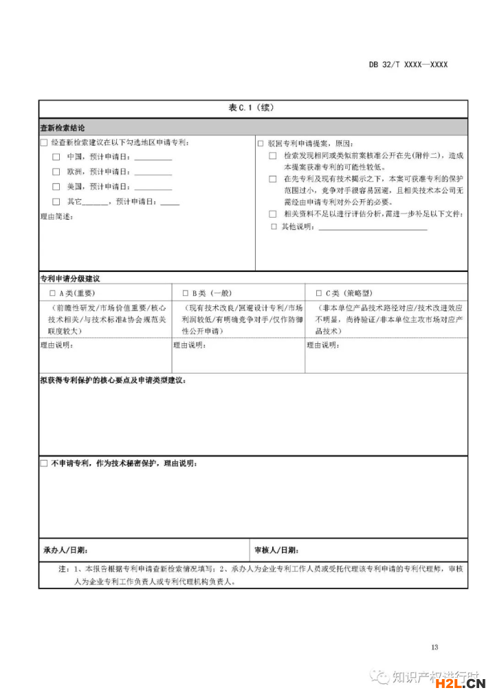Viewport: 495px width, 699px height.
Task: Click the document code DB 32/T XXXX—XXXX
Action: pyautogui.click(x=408, y=65)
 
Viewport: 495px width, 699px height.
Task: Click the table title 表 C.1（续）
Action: pyautogui.click(x=252, y=108)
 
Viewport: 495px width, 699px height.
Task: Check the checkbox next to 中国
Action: pyautogui.click(x=56, y=157)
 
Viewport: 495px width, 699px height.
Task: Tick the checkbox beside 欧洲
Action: pyautogui.click(x=56, y=172)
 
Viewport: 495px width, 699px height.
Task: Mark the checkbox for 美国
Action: pyautogui.click(x=56, y=187)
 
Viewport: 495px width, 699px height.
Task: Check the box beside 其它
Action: pyautogui.click(x=56, y=202)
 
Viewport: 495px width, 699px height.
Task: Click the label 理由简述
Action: pyautogui.click(x=56, y=217)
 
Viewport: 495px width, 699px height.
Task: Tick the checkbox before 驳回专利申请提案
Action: pyautogui.click(x=261, y=144)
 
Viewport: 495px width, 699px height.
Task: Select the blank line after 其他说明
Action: pyautogui.click(x=373, y=227)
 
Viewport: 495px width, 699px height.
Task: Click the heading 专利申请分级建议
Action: pyautogui.click(x=70, y=279)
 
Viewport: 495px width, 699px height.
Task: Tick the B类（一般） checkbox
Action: pyautogui.click(x=186, y=294)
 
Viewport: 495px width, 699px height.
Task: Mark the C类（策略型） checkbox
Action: pyautogui.click(x=318, y=294)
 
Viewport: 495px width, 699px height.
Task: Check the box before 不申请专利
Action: pyautogui.click(x=44, y=464)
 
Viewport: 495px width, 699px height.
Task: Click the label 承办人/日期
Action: pyautogui.click(x=65, y=551)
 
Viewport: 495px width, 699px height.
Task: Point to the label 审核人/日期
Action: pyautogui.click(x=276, y=551)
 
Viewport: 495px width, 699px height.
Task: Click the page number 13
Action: pyautogui.click(x=434, y=647)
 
